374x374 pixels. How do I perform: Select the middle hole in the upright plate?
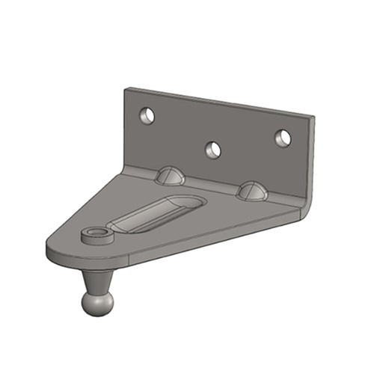214,150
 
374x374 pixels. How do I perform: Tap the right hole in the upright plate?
282,138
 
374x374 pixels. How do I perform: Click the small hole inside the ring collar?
96,236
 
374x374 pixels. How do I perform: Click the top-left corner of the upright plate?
126,90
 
